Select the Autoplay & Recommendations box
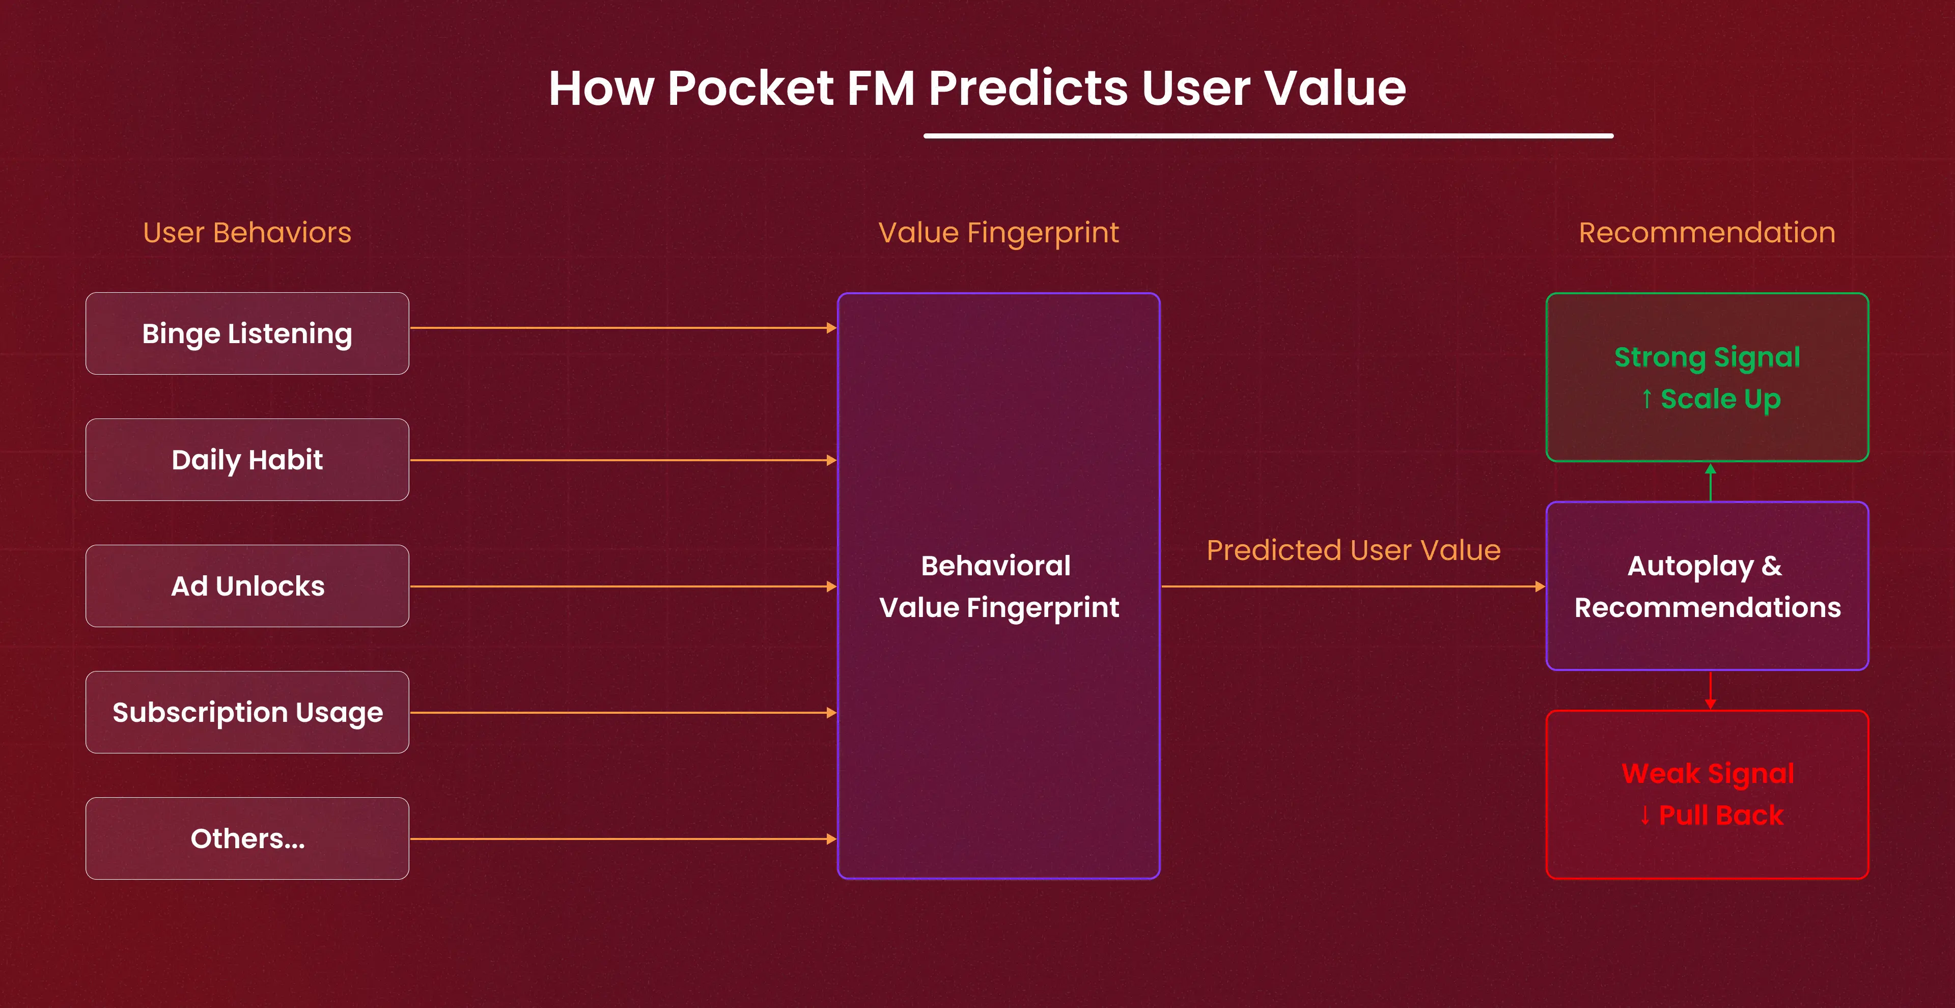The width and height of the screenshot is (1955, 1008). tap(1707, 586)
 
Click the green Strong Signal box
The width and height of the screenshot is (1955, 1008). tap(1707, 377)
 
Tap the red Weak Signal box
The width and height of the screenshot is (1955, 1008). tap(1707, 795)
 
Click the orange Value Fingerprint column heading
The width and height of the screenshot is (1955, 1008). tap(998, 232)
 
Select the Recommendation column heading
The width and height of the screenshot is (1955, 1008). tap(1707, 232)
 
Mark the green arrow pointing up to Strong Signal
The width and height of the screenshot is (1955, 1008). tap(1710, 482)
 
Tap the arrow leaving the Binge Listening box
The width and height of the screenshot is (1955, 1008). tap(622, 328)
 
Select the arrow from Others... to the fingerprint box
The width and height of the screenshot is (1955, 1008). tap(622, 839)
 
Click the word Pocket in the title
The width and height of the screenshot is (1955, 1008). tap(750, 88)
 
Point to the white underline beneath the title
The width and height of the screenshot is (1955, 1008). tap(1267, 136)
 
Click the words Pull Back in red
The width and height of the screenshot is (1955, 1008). tap(1720, 815)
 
